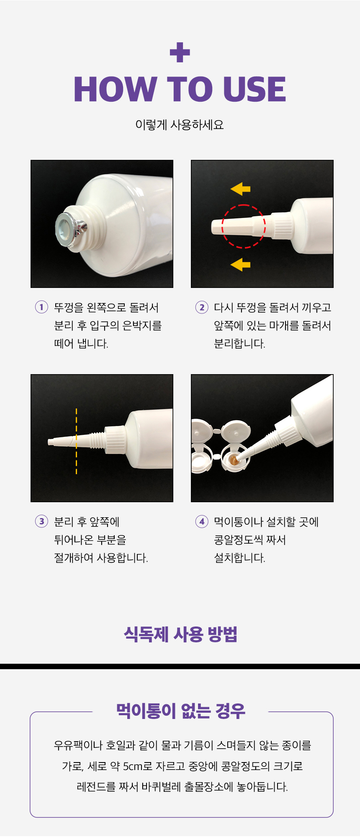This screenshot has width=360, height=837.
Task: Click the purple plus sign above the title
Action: coord(180,52)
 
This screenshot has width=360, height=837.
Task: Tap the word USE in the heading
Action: coord(255,89)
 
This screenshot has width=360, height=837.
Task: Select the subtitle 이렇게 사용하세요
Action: coord(180,125)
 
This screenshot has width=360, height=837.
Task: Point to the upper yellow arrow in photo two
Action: coord(240,189)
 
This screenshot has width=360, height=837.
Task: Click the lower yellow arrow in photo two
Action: coord(240,264)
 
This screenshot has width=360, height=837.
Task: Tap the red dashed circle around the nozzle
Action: coord(244,205)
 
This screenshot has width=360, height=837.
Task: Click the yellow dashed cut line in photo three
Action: coord(76,441)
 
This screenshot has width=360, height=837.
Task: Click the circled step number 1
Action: coord(41,307)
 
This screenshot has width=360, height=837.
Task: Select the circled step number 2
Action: coord(202,307)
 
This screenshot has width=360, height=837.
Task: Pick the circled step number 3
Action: coord(41,521)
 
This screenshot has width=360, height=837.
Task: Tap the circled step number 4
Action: coord(202,521)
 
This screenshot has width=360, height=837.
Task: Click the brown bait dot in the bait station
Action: coord(234,460)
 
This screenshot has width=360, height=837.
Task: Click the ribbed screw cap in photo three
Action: coord(115,440)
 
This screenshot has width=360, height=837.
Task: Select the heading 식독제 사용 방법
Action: coord(180,634)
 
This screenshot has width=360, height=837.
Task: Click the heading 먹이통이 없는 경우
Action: coord(180,711)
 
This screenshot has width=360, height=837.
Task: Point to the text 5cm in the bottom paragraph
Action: coord(133,766)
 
